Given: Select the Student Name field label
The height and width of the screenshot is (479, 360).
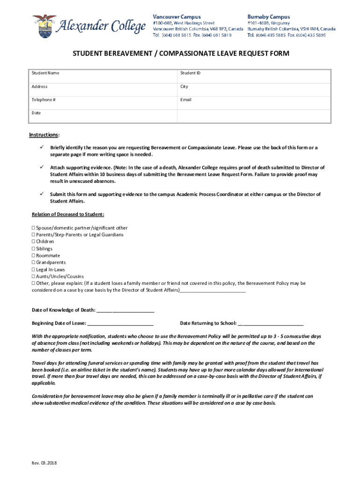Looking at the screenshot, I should point(45,73).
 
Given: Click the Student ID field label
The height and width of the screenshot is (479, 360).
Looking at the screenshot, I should point(190,73).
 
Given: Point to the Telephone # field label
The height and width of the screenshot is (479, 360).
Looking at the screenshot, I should point(44,100).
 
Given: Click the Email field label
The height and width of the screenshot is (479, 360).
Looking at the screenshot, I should point(186,100).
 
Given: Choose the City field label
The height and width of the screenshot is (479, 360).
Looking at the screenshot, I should point(184,87).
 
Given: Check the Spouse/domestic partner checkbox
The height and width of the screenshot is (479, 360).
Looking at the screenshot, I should point(33,228).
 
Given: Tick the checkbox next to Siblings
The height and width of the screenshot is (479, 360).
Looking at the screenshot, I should point(33,249).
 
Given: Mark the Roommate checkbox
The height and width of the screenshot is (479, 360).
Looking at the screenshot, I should point(33,256).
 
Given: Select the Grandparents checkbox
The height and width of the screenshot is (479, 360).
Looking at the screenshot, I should point(33,263).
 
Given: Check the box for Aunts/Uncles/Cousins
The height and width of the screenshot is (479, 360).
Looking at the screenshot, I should point(33,276).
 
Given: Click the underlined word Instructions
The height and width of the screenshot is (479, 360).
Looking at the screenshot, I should point(43,135).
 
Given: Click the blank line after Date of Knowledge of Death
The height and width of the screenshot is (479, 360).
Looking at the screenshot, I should point(125,310).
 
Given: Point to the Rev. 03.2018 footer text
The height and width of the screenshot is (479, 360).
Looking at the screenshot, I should point(44,464).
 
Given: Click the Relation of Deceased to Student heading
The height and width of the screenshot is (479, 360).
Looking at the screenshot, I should point(68,214).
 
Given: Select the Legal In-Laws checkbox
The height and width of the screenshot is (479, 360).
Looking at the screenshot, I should point(33,270).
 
